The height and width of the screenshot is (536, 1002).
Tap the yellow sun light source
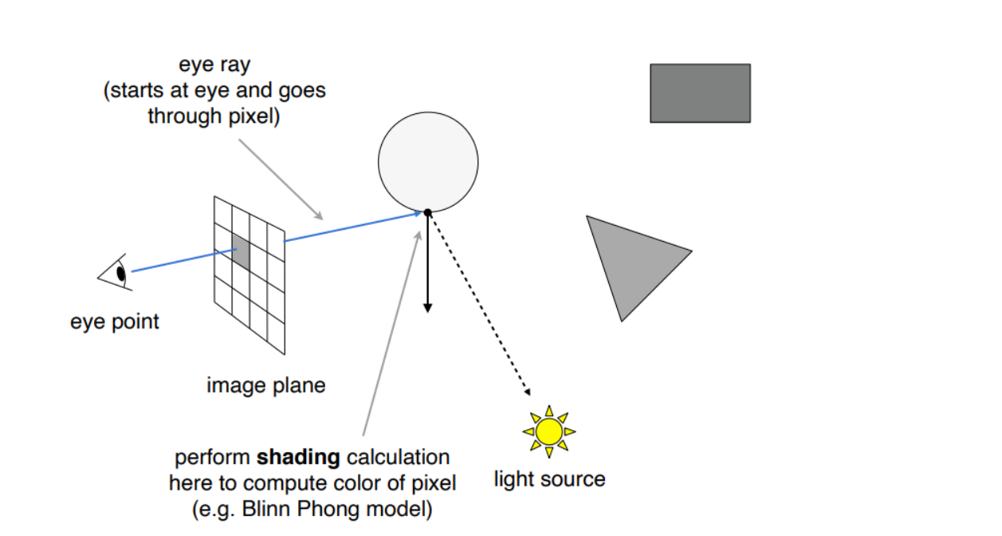549,431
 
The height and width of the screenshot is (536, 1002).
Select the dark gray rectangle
700,93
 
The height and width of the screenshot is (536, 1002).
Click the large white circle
428,161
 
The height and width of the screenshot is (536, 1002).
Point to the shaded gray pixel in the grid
240,252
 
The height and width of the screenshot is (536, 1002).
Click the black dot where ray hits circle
427,212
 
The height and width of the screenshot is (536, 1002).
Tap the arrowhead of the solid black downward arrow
427,307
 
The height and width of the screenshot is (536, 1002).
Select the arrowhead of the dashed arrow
526,391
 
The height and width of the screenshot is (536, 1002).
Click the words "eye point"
115,321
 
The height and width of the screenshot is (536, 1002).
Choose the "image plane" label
266,385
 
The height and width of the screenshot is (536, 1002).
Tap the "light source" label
549,479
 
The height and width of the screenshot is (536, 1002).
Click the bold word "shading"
299,458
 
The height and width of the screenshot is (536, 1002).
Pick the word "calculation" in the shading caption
398,458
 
